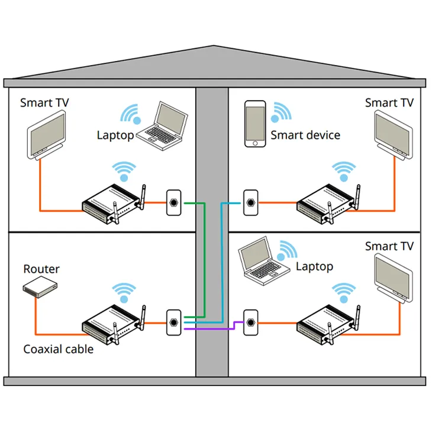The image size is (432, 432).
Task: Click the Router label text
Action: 41,269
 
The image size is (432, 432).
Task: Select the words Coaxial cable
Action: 58,349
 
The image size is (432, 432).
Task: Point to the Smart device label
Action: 305,135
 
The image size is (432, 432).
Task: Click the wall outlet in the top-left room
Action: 174,202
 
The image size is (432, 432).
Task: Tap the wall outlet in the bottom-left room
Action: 174,323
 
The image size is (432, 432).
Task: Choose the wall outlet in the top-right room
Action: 250,202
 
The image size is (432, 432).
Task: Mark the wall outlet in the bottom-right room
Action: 250,323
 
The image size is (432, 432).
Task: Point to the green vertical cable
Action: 205,260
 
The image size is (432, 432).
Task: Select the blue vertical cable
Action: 221,260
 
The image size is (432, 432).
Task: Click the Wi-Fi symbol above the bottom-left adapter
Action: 124,292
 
